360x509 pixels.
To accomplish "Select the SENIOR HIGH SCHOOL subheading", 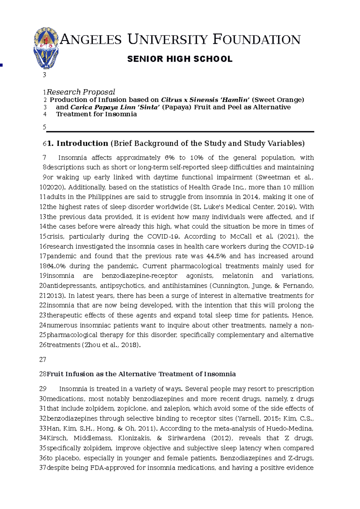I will (x=180, y=59).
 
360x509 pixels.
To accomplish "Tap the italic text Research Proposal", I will (x=81, y=92).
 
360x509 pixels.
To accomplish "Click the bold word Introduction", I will (x=82, y=144).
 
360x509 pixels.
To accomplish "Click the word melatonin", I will (x=238, y=276).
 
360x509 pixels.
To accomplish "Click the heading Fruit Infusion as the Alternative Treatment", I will (x=141, y=374).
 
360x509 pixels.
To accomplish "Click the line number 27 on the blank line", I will (x=43, y=360).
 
